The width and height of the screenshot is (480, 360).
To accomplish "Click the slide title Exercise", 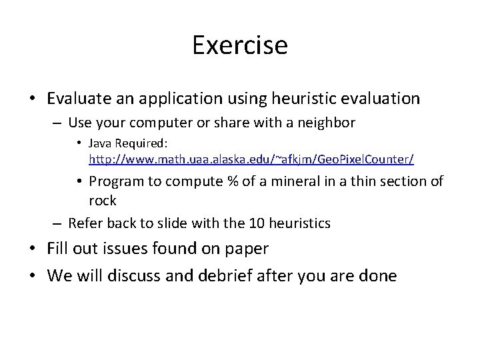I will [x=240, y=45].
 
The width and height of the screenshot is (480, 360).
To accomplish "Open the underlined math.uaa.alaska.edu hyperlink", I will [x=251, y=160].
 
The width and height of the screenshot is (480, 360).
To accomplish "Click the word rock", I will [x=103, y=201].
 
